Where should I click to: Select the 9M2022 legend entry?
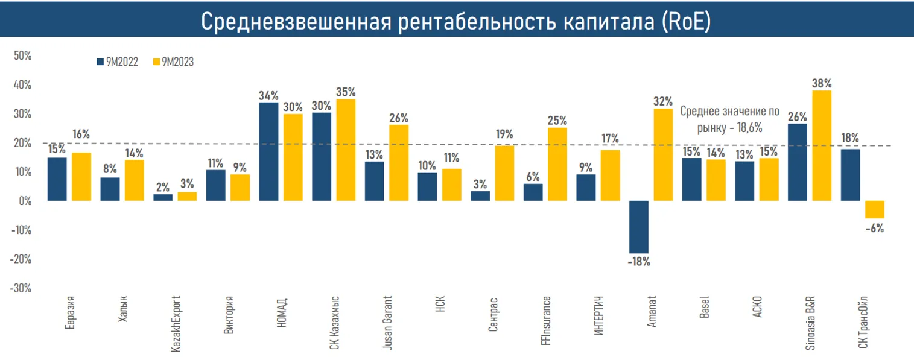[118, 62]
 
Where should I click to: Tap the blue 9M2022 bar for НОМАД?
[268, 151]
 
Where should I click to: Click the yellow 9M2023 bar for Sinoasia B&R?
[822, 145]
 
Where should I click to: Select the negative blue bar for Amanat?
[639, 227]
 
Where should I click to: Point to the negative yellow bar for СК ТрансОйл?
[874, 209]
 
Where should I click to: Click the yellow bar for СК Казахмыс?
[346, 150]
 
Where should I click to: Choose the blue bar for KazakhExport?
[163, 197]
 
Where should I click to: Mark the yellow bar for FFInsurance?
[557, 164]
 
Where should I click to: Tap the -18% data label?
[639, 262]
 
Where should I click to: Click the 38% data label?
[822, 83]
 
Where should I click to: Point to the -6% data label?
[874, 228]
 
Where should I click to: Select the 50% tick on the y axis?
[22, 55]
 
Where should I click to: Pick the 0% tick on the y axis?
[24, 201]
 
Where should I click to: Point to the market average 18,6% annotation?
[729, 119]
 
